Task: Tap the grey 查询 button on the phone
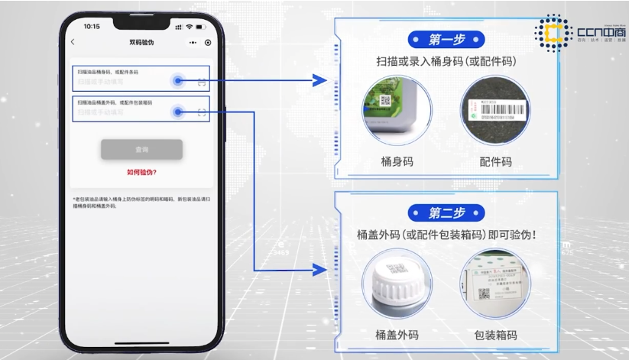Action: tap(141, 149)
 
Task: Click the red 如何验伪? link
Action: tap(141, 173)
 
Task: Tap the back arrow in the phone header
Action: tap(73, 43)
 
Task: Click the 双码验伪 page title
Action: tap(141, 43)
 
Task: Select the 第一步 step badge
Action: tap(446, 38)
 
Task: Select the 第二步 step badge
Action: tap(446, 212)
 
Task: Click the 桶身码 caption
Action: tap(397, 161)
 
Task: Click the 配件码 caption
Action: tap(495, 161)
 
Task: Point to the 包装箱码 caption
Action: tap(495, 335)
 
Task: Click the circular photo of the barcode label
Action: tap(496, 112)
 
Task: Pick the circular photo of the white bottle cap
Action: tap(397, 282)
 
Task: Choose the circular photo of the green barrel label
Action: tap(397, 112)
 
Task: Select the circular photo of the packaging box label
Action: tap(496, 282)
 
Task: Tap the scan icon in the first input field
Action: tap(202, 80)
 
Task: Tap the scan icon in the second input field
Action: tap(202, 112)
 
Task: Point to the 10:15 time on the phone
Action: tap(92, 26)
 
